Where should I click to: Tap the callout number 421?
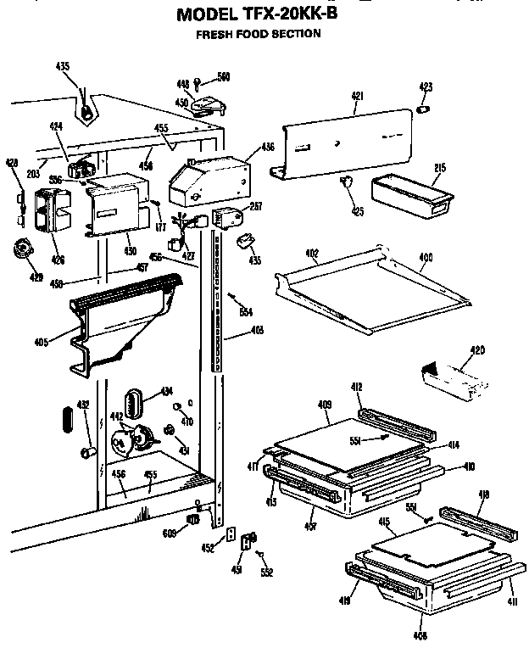[357, 97]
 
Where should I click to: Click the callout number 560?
[223, 77]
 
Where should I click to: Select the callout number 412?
[357, 387]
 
